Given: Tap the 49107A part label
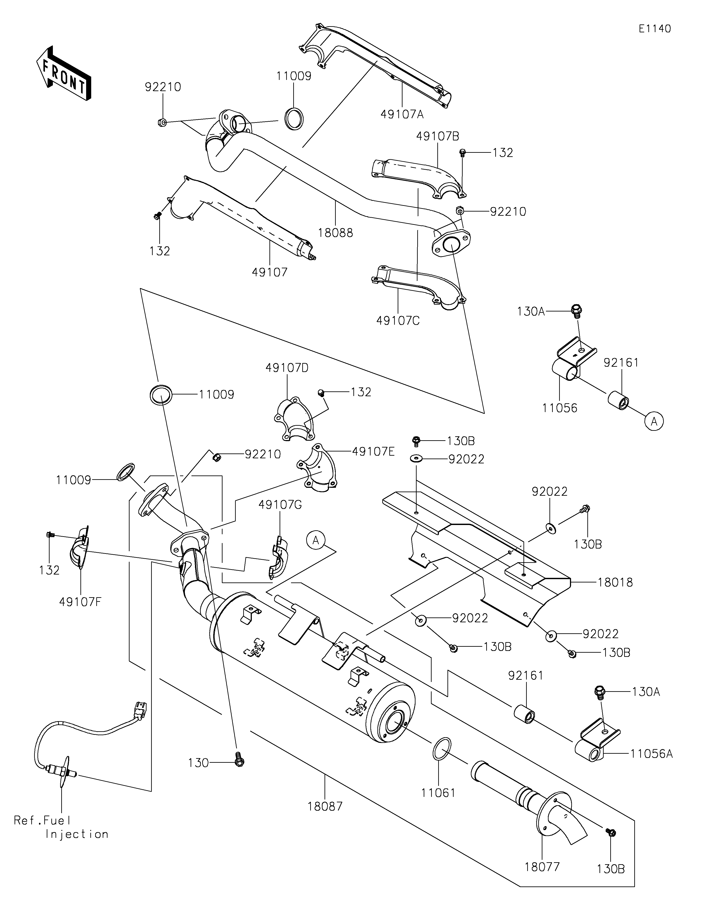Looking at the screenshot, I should tap(401, 114).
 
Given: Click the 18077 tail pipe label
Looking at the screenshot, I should tap(542, 866).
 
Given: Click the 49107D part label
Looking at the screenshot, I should tap(287, 368).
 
